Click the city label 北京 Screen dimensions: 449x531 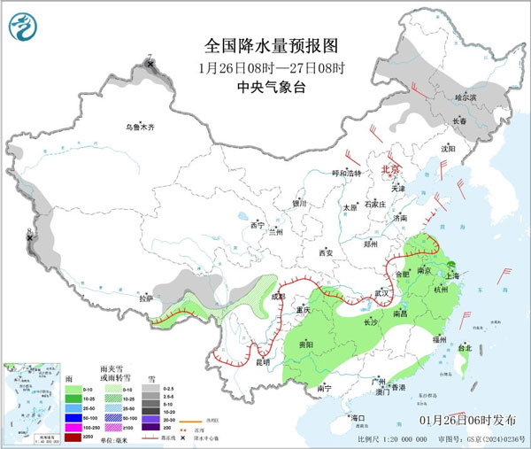390,167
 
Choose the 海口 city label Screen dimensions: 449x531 357,417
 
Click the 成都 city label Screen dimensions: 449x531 278,297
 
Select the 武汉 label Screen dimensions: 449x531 382,292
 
